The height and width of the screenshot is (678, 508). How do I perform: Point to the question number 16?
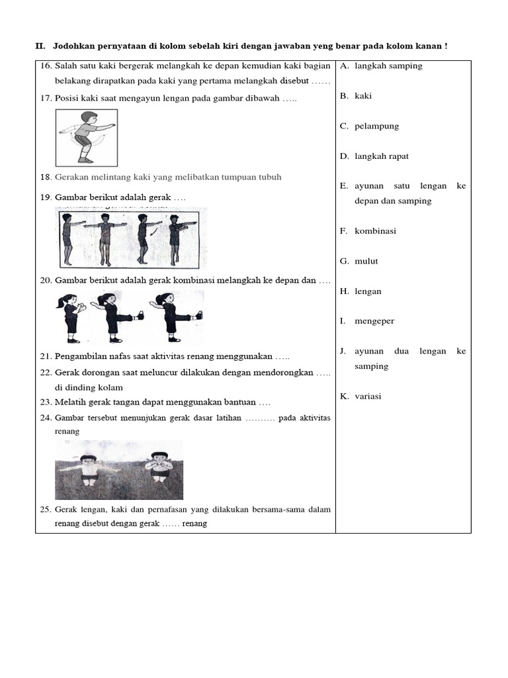coord(46,66)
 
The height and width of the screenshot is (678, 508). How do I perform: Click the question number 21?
coord(46,357)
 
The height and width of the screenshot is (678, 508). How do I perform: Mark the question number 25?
coord(46,510)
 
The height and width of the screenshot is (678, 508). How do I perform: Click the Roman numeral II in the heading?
coord(38,46)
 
